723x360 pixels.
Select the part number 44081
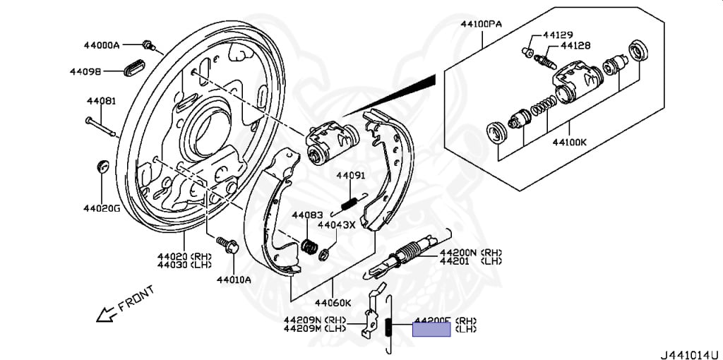pos(101,101)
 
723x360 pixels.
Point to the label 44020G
pos(102,208)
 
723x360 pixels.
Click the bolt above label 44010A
pos(228,245)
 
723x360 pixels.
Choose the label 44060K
pos(333,303)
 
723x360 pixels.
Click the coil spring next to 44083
pos(309,245)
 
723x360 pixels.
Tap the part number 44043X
pos(336,225)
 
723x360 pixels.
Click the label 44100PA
pos(481,24)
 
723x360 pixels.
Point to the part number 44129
pos(558,35)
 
